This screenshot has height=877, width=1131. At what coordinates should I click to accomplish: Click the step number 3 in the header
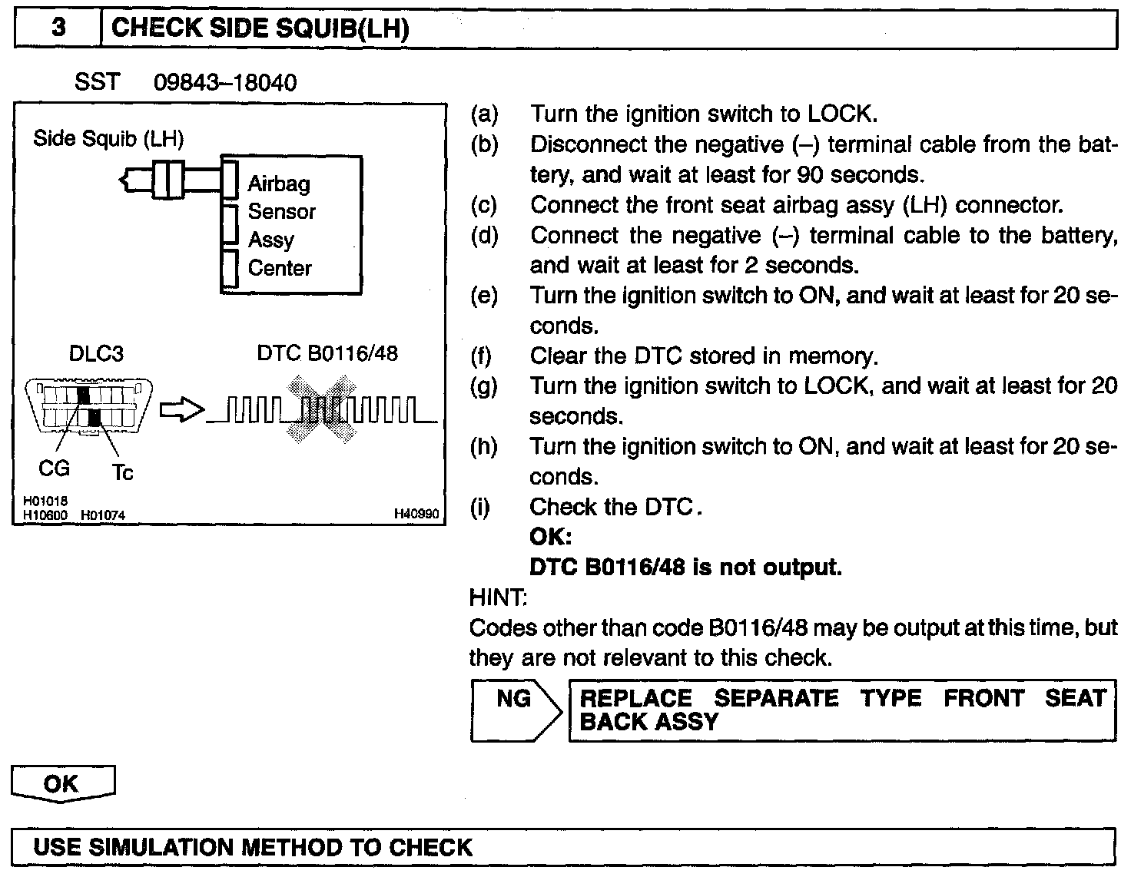pos(59,28)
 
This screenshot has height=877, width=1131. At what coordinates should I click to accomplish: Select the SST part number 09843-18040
pos(225,82)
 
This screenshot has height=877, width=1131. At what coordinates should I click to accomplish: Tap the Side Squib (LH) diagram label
pos(108,139)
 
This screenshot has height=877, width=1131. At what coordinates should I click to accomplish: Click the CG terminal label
pos(54,468)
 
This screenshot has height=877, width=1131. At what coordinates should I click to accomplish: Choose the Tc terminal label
pos(123,472)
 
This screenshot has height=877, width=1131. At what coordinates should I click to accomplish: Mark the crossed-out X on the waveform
pos(322,409)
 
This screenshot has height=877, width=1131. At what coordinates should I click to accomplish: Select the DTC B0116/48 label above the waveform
pos(327,353)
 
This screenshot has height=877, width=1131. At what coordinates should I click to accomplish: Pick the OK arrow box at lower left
pos(63,783)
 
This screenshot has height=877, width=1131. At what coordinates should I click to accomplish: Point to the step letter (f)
pos(483,356)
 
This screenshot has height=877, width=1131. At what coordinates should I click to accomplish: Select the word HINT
pos(498,597)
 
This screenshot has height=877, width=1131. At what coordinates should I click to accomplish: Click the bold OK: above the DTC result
pos(551,536)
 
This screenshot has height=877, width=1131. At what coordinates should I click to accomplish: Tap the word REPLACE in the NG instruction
pos(635,698)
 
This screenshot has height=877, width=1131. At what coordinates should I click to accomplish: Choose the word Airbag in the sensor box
pos(279,184)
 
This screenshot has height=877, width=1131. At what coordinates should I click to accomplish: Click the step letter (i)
pos(482,507)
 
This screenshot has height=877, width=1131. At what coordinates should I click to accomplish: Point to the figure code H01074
pos(103,515)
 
